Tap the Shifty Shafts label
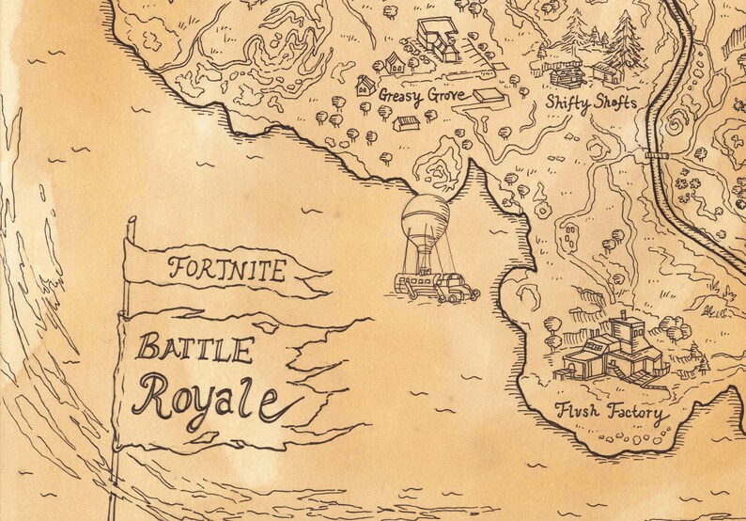click(x=591, y=102)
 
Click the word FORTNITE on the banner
click(x=226, y=271)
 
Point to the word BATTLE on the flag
click(x=195, y=350)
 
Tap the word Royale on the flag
click(x=205, y=400)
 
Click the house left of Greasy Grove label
click(x=366, y=86)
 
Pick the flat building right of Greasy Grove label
click(x=488, y=96)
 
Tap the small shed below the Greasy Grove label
click(x=407, y=123)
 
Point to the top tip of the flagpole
click(x=132, y=220)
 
